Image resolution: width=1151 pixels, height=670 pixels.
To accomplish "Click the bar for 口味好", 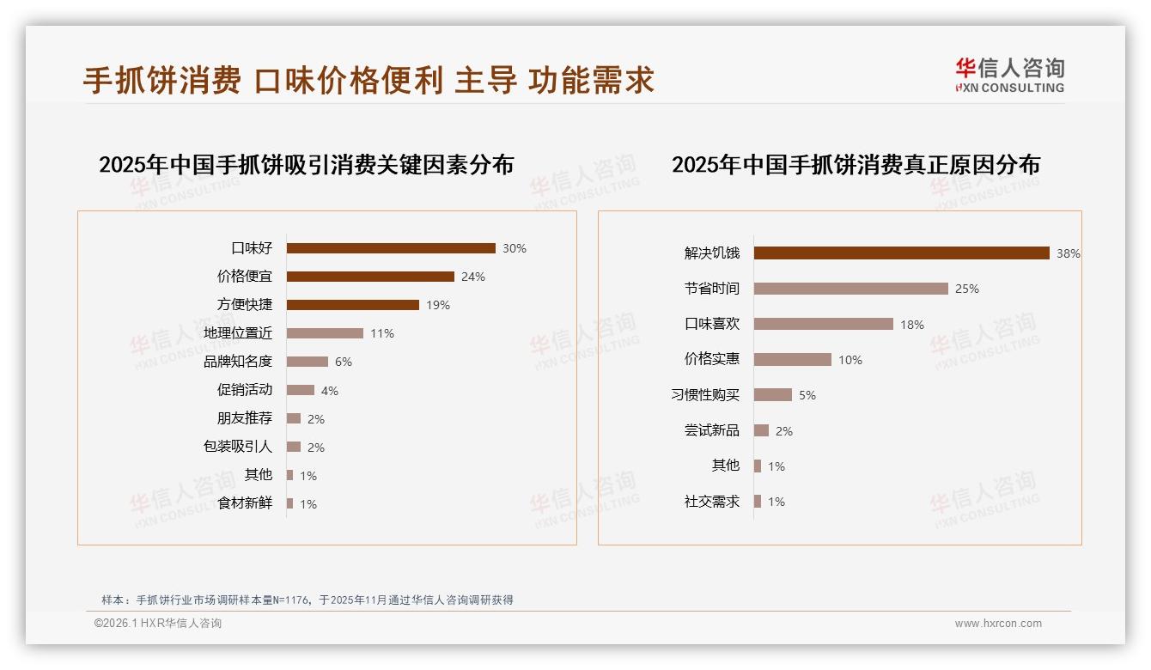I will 391,248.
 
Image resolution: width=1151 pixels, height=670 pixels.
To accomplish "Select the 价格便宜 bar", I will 370,277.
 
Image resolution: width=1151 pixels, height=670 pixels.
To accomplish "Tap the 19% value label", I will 438,305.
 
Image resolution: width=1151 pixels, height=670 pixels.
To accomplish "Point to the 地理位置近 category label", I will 238,333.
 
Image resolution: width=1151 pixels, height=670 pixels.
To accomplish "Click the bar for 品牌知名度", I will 308,362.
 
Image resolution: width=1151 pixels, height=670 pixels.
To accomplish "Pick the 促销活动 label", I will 245,390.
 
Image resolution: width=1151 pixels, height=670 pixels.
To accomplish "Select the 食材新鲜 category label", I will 245,503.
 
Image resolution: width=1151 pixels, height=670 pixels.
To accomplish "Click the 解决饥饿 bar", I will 902,253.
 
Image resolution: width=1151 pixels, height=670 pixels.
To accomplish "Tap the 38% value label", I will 1069,253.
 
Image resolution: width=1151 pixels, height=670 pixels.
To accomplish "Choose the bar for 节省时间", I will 851,289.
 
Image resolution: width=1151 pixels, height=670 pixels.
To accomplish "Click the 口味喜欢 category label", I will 712,324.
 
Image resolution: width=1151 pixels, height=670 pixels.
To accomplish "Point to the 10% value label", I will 850,360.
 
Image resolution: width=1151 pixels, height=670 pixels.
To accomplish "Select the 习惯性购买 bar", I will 773,395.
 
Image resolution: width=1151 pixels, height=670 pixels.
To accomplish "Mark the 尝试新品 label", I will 712,430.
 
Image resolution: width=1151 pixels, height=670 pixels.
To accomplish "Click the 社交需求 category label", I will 712,502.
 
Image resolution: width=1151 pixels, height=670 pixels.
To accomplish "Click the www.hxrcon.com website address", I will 998,624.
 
